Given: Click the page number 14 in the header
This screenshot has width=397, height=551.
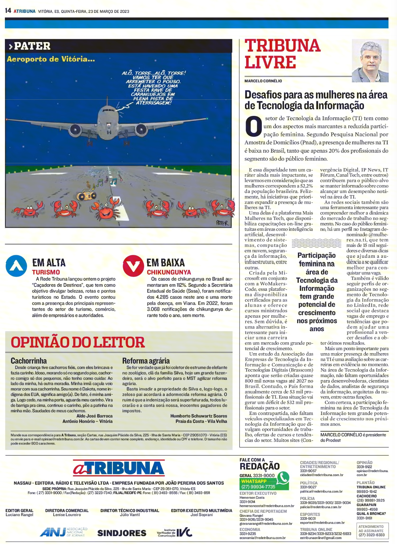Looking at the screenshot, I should point(8,11).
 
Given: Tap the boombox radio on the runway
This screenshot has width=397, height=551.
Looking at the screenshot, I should point(86,195).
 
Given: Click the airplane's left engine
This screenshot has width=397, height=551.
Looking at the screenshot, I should point(76,130).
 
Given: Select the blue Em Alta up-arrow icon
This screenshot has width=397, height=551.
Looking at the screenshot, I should point(16,266).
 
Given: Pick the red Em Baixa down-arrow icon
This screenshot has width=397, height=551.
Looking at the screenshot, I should point(133,266).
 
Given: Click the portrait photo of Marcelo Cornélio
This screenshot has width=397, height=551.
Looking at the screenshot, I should point(370,61).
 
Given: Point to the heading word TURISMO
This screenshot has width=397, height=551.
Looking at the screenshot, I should point(46,272).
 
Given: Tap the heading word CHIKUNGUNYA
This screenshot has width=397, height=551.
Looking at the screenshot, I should point(169,272).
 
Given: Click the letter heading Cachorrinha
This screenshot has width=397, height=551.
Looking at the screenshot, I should point(29,361).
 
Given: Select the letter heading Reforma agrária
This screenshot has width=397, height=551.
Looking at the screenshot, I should point(146,361).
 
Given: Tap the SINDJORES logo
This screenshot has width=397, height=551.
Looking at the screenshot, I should point(122,533).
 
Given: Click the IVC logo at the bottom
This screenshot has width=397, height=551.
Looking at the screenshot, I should point(175,532).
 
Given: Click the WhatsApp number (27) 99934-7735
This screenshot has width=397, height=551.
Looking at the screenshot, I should point(258,487).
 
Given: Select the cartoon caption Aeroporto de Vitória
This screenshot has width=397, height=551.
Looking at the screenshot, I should point(51,59).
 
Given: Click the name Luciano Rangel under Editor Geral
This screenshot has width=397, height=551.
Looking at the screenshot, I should point(19,515).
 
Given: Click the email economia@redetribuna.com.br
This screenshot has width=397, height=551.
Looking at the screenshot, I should point(262,538).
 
